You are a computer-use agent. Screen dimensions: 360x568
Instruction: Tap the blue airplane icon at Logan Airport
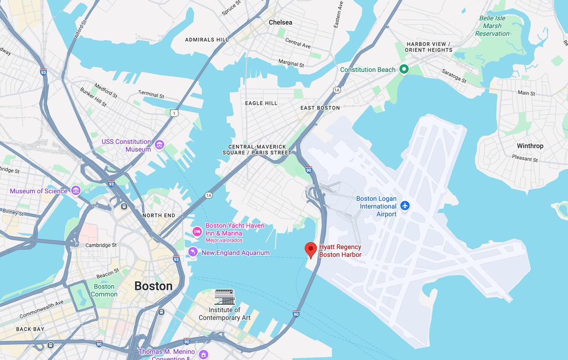(405, 206)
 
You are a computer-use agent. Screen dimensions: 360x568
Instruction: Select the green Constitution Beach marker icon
(404, 70)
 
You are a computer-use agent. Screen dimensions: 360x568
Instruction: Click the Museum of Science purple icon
(76, 191)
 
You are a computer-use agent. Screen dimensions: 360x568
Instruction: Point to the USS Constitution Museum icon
(160, 144)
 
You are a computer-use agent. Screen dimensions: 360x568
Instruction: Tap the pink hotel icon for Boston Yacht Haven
(197, 231)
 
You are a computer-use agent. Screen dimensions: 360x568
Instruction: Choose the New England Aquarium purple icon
(193, 252)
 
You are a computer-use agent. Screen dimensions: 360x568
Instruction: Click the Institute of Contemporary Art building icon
(224, 297)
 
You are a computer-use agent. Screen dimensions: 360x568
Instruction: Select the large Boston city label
(153, 286)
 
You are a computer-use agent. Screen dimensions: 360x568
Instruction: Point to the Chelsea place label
(280, 22)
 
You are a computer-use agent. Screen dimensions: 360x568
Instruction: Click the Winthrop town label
(530, 146)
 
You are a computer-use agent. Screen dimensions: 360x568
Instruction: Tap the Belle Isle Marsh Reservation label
(492, 26)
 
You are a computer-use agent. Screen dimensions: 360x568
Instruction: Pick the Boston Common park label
(104, 290)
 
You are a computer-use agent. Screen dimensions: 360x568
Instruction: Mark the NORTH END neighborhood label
(159, 216)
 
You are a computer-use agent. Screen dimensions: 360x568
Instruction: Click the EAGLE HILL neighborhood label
(261, 103)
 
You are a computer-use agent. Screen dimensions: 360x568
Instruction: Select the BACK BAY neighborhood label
(30, 329)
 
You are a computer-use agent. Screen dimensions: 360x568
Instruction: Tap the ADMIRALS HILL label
(207, 40)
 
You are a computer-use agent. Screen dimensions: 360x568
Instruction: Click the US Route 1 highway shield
(174, 113)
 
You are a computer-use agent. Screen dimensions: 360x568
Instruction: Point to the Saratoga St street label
(454, 76)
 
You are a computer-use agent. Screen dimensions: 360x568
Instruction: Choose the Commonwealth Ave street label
(41, 310)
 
